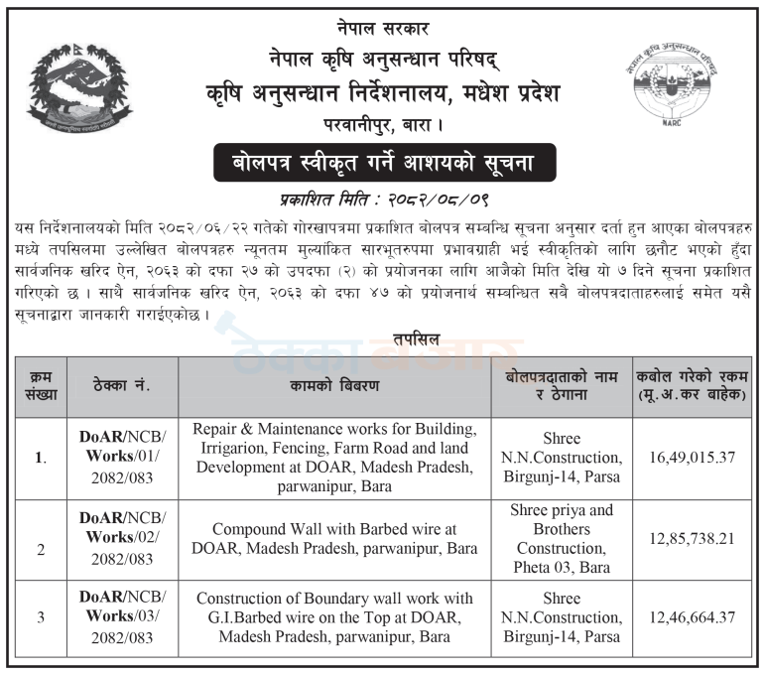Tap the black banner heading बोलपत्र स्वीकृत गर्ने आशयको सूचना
(381, 162)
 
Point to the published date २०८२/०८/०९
(430, 197)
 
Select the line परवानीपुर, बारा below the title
(382, 126)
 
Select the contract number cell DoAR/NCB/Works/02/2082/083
(123, 539)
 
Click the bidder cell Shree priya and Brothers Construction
(563, 539)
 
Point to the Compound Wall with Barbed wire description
(335, 539)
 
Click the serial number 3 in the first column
(41, 617)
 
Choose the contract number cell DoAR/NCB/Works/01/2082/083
(123, 458)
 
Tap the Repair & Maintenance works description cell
(335, 458)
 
